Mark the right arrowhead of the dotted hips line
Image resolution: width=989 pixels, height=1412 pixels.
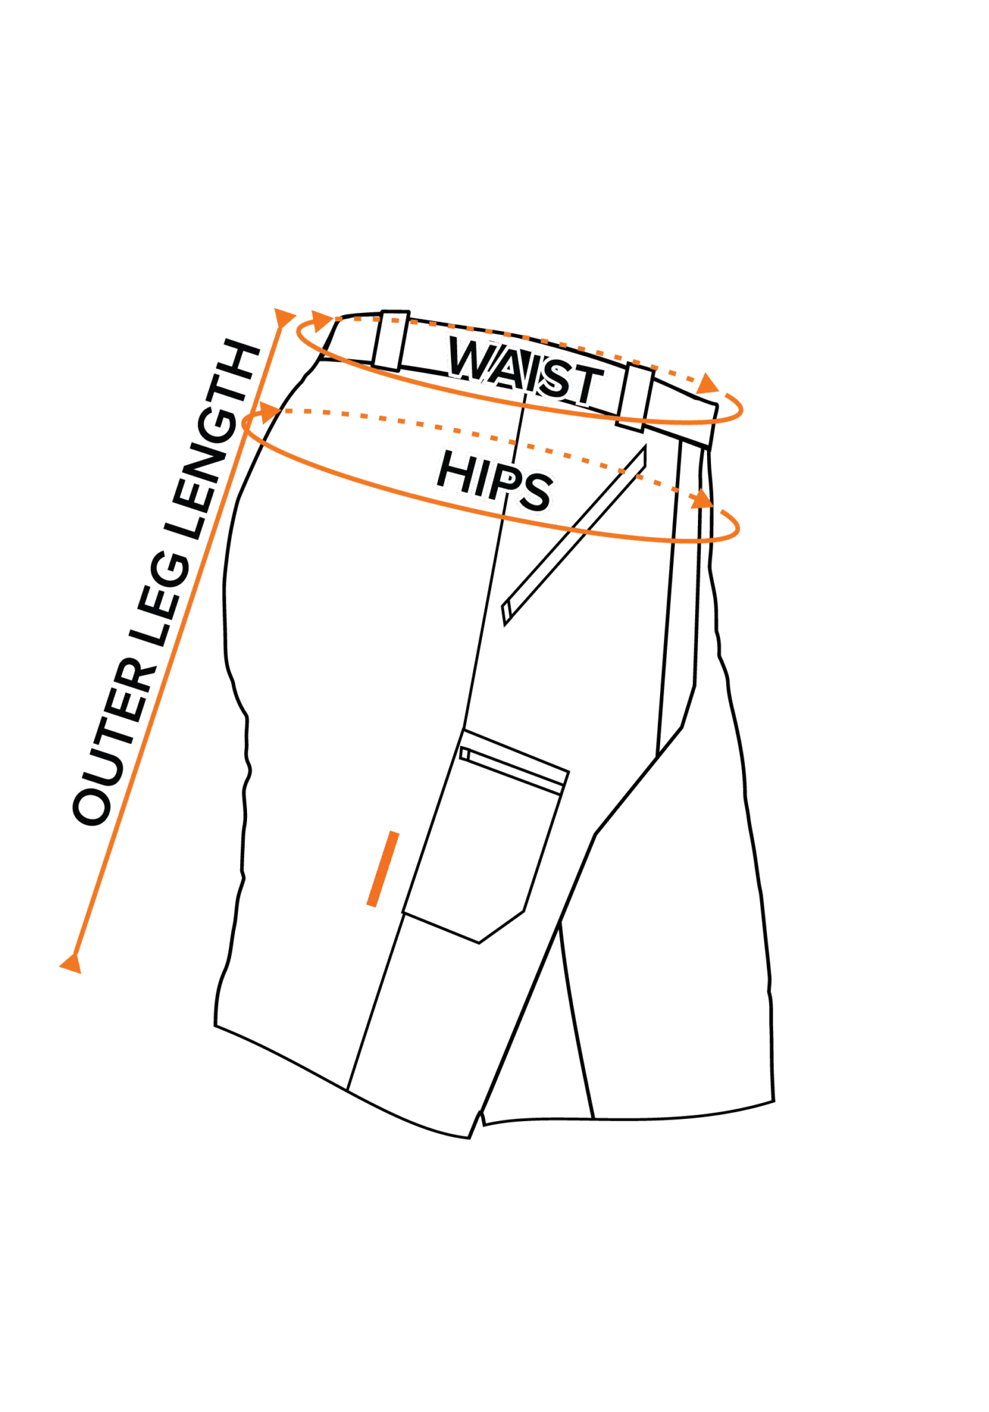click(x=702, y=499)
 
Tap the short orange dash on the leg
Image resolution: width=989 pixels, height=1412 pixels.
click(x=383, y=868)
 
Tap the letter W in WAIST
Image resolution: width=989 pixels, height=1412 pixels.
click(x=469, y=359)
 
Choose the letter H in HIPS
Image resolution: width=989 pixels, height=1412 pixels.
click(x=454, y=469)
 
